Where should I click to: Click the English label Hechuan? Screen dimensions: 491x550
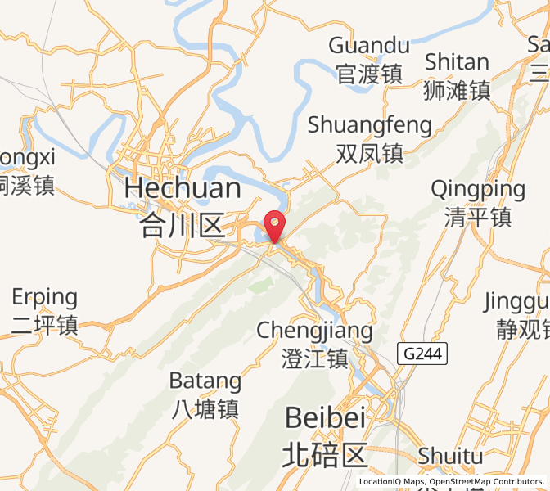(x=183, y=189)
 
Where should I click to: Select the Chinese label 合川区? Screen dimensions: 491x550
(x=183, y=223)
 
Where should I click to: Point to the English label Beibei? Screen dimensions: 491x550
(x=324, y=418)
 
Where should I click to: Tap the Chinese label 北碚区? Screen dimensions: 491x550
(x=324, y=453)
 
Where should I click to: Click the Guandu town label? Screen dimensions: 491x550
(x=369, y=45)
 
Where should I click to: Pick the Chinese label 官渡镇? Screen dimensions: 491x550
(x=369, y=74)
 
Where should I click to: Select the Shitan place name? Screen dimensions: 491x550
(x=457, y=62)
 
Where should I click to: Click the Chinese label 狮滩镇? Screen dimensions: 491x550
(x=457, y=90)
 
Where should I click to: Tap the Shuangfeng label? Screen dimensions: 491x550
(x=369, y=125)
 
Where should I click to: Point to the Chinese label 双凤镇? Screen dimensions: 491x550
(x=369, y=153)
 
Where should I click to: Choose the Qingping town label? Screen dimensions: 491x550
(x=479, y=190)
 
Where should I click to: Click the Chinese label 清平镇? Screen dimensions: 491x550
(x=479, y=218)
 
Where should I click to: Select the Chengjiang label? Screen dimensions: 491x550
(x=314, y=331)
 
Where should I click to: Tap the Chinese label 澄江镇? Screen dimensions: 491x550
(x=314, y=358)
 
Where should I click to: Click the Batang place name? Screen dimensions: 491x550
(x=205, y=381)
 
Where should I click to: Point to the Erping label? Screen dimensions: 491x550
(x=44, y=297)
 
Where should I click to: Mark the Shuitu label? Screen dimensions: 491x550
(x=450, y=455)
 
